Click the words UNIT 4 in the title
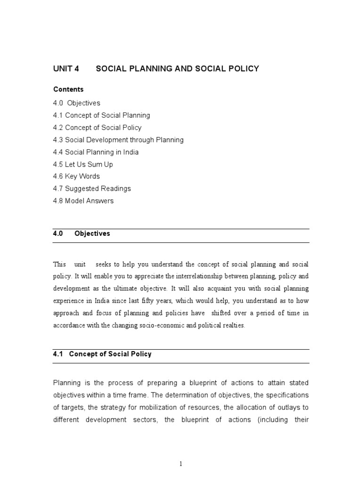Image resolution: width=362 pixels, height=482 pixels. (x=66, y=69)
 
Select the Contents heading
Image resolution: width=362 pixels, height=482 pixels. (x=68, y=89)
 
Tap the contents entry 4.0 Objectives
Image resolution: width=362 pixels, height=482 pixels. (x=77, y=103)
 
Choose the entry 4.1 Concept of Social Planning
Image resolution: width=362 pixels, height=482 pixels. (x=101, y=115)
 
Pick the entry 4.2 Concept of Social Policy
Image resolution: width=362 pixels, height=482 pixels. (x=97, y=128)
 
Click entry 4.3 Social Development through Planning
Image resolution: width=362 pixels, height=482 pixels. (x=118, y=140)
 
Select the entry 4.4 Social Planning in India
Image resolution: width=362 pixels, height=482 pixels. (x=96, y=152)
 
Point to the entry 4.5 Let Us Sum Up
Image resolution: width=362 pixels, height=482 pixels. (x=83, y=164)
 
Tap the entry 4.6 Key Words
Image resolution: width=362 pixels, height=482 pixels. (x=76, y=176)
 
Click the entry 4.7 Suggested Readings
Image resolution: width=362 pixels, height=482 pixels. (x=92, y=188)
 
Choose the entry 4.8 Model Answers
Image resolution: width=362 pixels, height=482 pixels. (x=83, y=201)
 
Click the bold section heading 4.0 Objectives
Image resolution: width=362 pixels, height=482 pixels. (x=82, y=233)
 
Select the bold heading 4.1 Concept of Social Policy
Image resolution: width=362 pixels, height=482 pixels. (x=102, y=354)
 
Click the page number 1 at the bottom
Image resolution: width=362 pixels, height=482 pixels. (x=181, y=464)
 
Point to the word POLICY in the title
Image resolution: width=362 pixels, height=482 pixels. (x=243, y=69)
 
